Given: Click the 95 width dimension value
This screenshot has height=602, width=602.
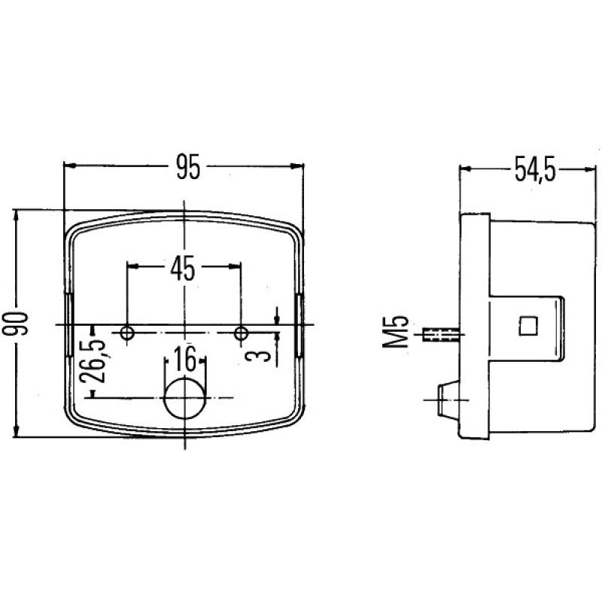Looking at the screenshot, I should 187,167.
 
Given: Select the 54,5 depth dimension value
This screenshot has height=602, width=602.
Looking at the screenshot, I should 535,171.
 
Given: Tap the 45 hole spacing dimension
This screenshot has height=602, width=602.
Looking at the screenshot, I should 183,267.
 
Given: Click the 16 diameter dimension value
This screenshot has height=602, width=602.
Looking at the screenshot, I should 184,358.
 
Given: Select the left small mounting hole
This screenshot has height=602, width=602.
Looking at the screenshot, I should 127,332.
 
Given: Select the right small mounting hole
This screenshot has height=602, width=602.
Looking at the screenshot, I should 241,332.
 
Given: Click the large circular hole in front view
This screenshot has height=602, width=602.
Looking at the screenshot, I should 184,399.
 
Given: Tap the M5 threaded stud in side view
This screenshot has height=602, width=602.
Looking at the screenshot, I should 442,333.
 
